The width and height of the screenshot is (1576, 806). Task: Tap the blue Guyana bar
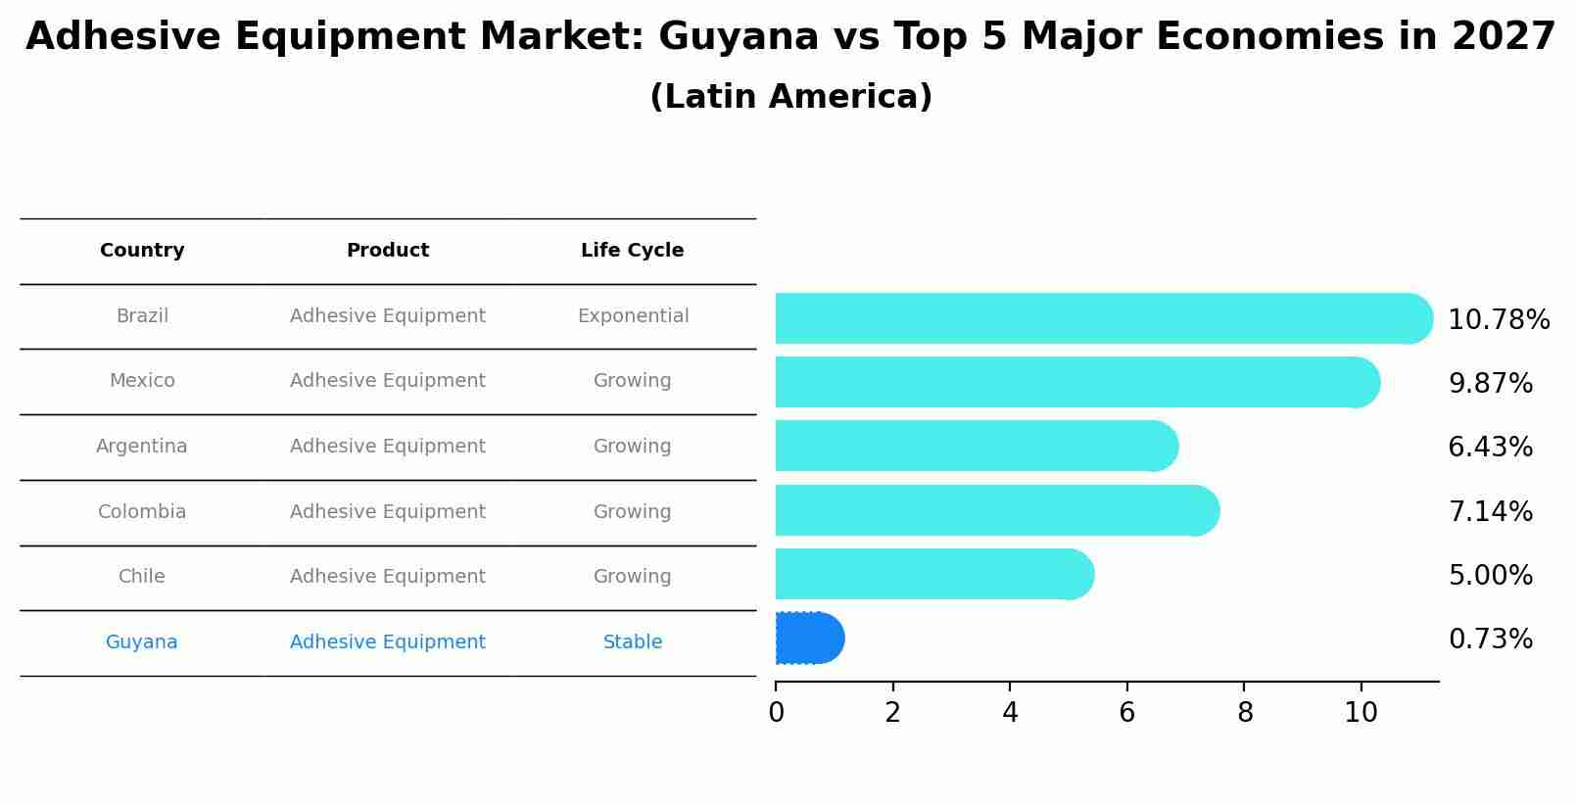click(x=808, y=639)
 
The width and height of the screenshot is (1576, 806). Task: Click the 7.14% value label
click(x=1490, y=511)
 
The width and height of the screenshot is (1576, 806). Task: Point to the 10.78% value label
click(x=1498, y=320)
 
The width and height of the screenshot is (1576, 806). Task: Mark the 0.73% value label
click(x=1490, y=640)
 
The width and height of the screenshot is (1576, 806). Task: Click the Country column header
click(x=142, y=251)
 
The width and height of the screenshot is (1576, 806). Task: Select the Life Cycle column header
click(x=632, y=251)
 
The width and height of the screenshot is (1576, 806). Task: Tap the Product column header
click(x=388, y=251)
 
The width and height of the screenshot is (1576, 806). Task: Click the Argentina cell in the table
click(x=142, y=447)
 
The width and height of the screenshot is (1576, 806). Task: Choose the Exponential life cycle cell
click(x=633, y=316)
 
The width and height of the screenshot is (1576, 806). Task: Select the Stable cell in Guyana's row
click(x=633, y=642)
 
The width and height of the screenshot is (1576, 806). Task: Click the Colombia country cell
click(x=142, y=512)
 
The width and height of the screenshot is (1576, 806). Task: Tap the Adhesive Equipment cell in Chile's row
click(x=388, y=577)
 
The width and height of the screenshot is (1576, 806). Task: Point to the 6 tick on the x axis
click(x=1127, y=712)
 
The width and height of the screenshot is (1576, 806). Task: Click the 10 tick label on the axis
click(x=1361, y=712)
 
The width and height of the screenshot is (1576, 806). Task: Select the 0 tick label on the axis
click(x=777, y=712)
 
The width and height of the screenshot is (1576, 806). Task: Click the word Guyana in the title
click(x=739, y=37)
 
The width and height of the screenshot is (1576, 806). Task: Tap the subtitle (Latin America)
click(x=790, y=97)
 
